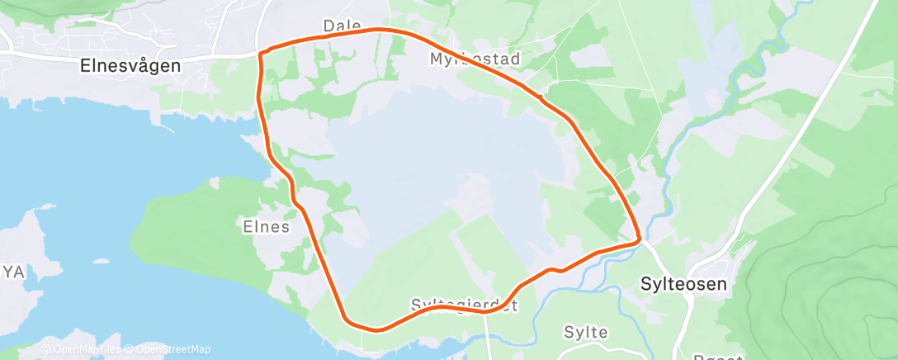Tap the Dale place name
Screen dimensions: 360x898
tap(342, 26)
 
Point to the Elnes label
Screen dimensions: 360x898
tap(266, 225)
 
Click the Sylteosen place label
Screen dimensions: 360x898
tap(683, 284)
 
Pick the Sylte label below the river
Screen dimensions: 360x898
tap(585, 332)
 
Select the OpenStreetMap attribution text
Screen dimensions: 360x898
tap(169, 349)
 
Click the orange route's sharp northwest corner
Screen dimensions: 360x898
tap(261, 54)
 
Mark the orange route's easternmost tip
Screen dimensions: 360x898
tap(640, 239)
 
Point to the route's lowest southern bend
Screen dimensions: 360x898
tap(376, 329)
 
